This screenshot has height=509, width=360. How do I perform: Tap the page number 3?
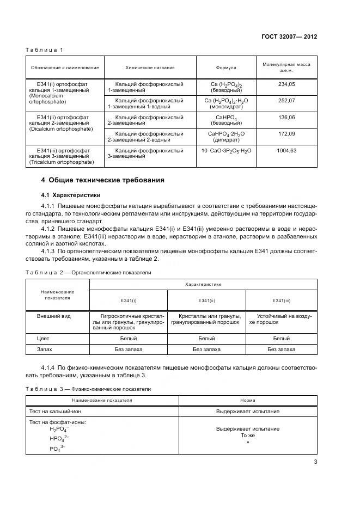pyautogui.click(x=315, y=463)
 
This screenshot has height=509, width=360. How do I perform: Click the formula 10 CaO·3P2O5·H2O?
pyautogui.click(x=227, y=151)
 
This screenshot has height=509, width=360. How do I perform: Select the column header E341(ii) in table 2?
pyautogui.click(x=206, y=301)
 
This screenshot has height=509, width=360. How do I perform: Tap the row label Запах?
pyautogui.click(x=45, y=349)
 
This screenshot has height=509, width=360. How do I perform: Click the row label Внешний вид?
pyautogui.click(x=53, y=316)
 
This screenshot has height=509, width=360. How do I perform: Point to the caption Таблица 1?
pyautogui.click(x=45, y=50)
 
